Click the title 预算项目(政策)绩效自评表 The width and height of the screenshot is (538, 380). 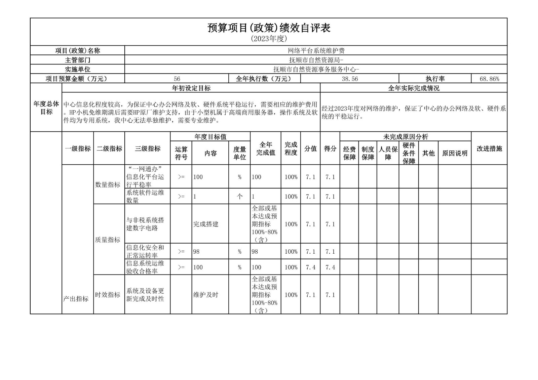click(x=269, y=28)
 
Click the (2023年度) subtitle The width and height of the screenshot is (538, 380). click(x=269, y=39)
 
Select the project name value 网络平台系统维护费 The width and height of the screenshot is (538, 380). click(x=316, y=51)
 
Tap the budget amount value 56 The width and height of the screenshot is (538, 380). click(x=177, y=79)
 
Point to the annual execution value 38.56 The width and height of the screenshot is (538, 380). click(x=350, y=79)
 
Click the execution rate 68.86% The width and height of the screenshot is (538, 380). click(x=489, y=79)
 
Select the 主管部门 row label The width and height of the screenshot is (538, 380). click(x=77, y=60)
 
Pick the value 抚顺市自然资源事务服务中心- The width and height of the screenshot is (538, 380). click(x=316, y=70)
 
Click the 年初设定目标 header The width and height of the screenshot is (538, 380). click(x=191, y=88)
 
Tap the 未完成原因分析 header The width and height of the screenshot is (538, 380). click(x=406, y=137)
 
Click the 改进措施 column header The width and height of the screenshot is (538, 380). click(x=489, y=149)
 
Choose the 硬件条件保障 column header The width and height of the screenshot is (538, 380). click(x=409, y=153)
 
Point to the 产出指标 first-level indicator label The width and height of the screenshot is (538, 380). click(x=76, y=299)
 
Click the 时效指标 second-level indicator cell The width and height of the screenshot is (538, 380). click(x=108, y=295)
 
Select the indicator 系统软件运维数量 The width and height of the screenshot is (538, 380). click(x=145, y=196)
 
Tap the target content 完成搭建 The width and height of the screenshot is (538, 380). click(x=206, y=224)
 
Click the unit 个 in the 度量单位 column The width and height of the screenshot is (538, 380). click(x=239, y=197)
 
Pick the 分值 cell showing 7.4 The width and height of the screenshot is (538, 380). click(x=310, y=267)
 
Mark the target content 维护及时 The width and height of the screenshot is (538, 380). click(x=206, y=295)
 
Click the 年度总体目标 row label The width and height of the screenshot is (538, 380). click(x=46, y=108)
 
